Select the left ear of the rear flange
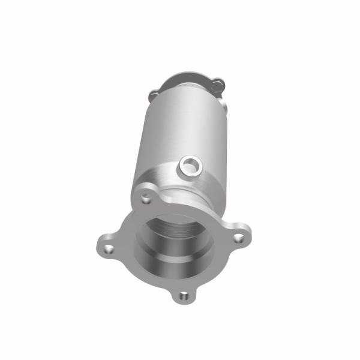(x=154, y=94)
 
